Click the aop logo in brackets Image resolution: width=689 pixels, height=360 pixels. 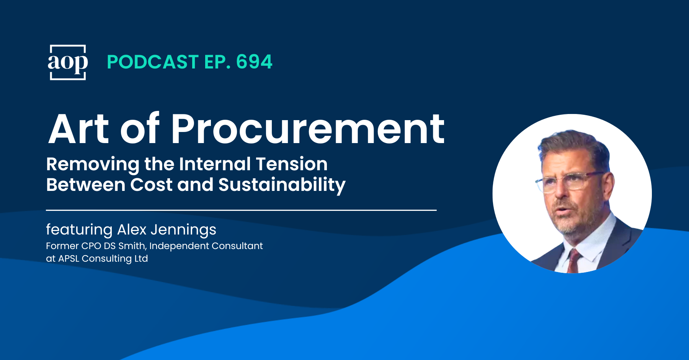[68, 62]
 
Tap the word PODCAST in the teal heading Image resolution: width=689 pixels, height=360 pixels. [153, 62]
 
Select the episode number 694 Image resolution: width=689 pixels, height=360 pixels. [254, 62]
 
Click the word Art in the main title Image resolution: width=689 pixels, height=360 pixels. [79, 129]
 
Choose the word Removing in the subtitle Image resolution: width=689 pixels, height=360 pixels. [93, 165]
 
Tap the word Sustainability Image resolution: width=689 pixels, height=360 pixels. [282, 185]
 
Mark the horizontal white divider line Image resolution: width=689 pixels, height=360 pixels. [241, 210]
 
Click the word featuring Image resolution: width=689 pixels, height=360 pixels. [79, 230]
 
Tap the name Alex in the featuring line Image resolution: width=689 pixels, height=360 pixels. [132, 230]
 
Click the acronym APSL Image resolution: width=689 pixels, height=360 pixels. [69, 259]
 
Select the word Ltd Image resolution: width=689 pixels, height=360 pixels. [141, 259]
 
